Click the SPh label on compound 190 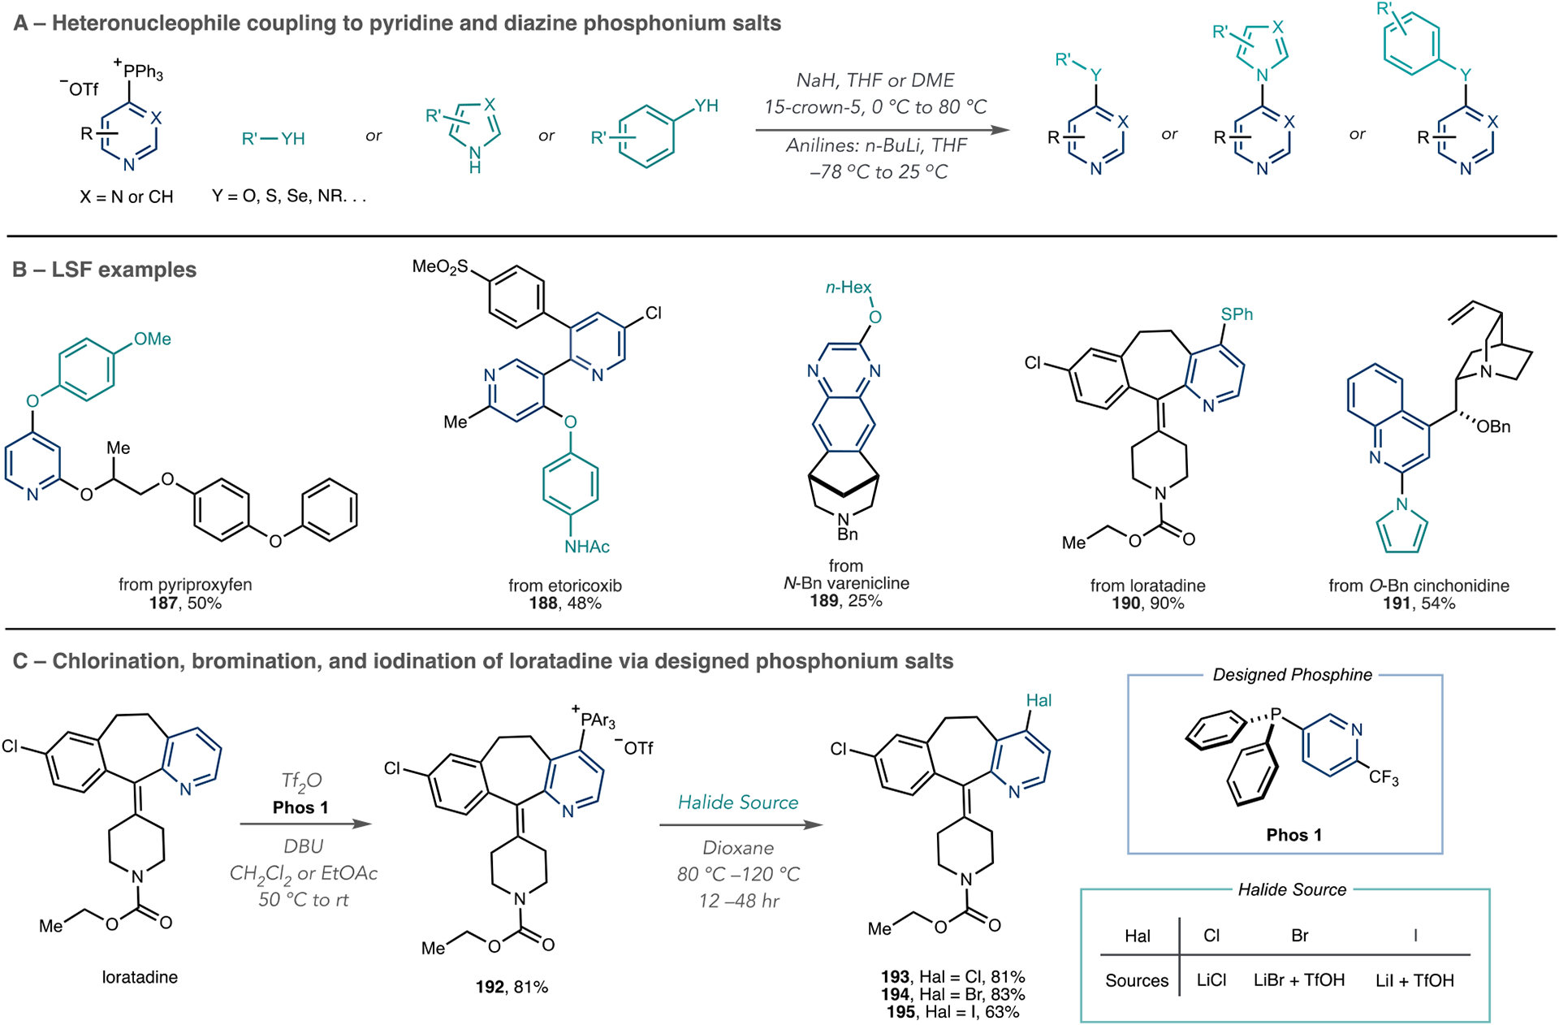tap(1237, 314)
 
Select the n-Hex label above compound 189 tap(849, 288)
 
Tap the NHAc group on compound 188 tap(587, 547)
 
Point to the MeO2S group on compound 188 tap(440, 266)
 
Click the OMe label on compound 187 tap(153, 339)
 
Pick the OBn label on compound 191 tap(1493, 426)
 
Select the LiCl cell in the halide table tap(1211, 980)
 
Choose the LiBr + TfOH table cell tap(1299, 980)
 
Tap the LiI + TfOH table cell tap(1414, 980)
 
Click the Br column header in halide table tap(1299, 936)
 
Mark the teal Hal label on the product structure tap(1039, 700)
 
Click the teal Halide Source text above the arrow tap(738, 802)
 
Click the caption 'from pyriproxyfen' tap(185, 584)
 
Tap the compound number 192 tap(490, 987)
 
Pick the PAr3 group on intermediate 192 tap(598, 720)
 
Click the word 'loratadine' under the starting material tap(140, 977)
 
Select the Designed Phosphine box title tap(1292, 675)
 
